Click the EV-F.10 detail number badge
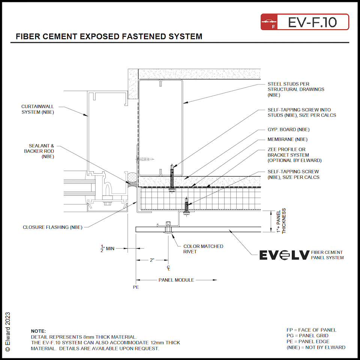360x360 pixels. [x=304, y=22]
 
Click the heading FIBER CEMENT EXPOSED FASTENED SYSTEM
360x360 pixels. [x=109, y=37]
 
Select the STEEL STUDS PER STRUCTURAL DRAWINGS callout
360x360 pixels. [x=295, y=90]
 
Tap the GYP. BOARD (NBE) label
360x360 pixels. [x=288, y=130]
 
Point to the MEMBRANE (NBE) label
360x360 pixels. [x=287, y=139]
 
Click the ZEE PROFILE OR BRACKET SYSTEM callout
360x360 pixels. [x=294, y=155]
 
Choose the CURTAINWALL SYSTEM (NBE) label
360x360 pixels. [x=37, y=109]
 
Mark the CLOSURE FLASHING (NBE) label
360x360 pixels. [x=52, y=227]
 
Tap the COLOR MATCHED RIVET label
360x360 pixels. [x=203, y=249]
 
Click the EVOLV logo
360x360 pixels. [x=284, y=255]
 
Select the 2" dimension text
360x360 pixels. [x=152, y=260]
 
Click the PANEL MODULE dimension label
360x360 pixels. [x=176, y=280]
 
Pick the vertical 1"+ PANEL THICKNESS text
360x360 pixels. [x=280, y=221]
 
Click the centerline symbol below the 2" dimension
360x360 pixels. [x=169, y=268]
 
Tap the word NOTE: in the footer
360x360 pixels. [x=38, y=331]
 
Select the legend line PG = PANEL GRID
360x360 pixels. [x=307, y=336]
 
